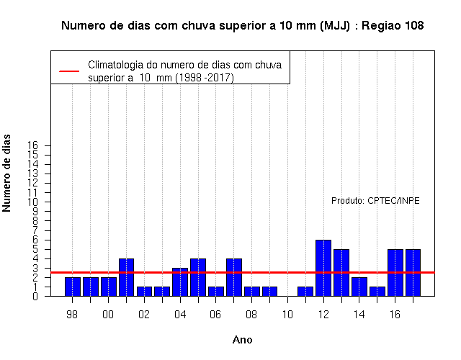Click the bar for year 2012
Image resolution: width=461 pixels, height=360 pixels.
coord(323,268)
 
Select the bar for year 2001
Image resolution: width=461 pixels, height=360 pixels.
coord(127,277)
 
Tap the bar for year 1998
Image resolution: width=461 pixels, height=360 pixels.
coord(73,287)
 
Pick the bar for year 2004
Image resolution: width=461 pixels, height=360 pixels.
coord(180,282)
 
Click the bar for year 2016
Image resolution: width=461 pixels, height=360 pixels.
coord(395,273)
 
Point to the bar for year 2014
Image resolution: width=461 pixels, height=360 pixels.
coord(359,287)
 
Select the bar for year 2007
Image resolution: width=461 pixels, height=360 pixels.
coord(234,277)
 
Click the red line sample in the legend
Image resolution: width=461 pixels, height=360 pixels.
coord(69,71)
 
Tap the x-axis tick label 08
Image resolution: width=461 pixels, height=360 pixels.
coord(251,315)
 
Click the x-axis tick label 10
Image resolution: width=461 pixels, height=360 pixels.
coord(287,315)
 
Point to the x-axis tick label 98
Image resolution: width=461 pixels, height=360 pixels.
coord(72,315)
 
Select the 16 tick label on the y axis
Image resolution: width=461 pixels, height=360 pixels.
coord(33,145)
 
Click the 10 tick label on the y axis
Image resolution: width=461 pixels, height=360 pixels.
coord(33,202)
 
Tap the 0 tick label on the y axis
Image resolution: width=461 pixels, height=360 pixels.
coord(35,296)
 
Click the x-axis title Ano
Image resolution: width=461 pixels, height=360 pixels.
coord(243,340)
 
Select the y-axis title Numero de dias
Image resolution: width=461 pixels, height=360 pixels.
coord(6,173)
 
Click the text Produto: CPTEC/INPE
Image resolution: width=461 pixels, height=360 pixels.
coord(375,201)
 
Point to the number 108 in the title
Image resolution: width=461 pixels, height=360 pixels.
coord(415,26)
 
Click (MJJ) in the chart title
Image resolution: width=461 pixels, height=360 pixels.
coord(334,26)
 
